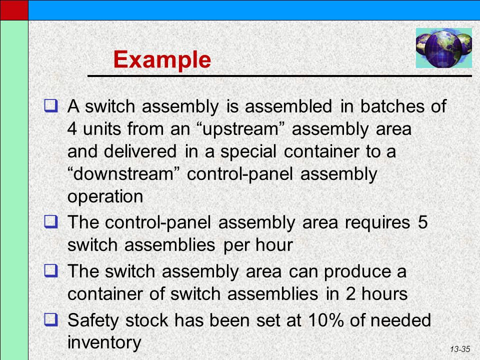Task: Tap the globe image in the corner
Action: [x=443, y=48]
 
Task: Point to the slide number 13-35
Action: [x=460, y=349]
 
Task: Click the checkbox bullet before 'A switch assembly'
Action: [x=51, y=105]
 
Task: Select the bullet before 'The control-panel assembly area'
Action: [x=51, y=221]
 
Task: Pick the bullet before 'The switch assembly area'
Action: [x=51, y=270]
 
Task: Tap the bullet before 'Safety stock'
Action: [x=51, y=319]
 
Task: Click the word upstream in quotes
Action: [x=240, y=129]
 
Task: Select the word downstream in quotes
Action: [x=123, y=174]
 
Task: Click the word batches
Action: [x=392, y=106]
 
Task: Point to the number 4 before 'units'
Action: [x=72, y=128]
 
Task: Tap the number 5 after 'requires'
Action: [x=422, y=222]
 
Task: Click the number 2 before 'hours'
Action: [x=350, y=294]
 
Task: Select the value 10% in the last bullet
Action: [x=325, y=320]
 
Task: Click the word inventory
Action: [x=104, y=342]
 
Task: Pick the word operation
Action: [x=105, y=197]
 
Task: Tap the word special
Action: [x=248, y=152]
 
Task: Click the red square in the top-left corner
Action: [x=14, y=10]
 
